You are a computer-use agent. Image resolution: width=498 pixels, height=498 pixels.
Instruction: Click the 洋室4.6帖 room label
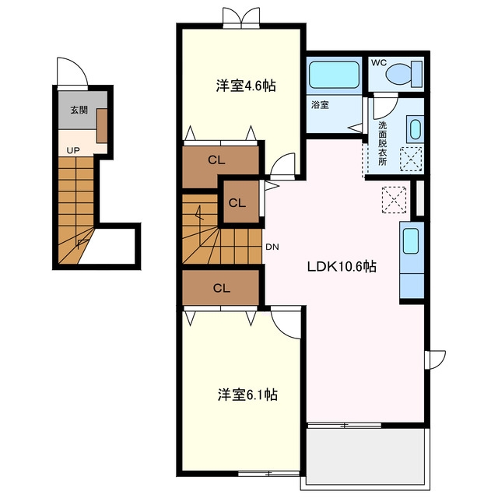click(x=246, y=86)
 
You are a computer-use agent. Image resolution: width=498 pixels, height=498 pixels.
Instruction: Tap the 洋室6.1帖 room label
click(x=247, y=395)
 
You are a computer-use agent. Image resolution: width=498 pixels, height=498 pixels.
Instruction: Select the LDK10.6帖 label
click(x=342, y=266)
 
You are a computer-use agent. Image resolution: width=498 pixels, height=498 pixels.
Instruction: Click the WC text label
click(x=379, y=62)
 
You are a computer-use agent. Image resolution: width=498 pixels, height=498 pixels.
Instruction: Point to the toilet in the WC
click(x=404, y=75)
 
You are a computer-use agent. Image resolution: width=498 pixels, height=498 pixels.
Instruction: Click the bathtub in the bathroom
click(x=334, y=75)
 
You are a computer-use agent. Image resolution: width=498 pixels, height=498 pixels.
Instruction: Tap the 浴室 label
click(x=320, y=105)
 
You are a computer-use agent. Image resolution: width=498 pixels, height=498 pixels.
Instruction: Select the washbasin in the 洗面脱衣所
click(x=415, y=129)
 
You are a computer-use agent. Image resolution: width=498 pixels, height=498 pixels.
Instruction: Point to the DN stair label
click(x=272, y=247)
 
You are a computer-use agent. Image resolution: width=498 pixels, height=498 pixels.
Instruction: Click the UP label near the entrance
click(x=73, y=150)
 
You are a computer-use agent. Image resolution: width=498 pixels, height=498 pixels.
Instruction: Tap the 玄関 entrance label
click(x=79, y=110)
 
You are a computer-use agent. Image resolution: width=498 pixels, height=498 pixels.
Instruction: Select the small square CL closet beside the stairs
click(x=241, y=202)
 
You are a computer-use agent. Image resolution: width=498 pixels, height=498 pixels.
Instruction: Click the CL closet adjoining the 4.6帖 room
click(x=220, y=167)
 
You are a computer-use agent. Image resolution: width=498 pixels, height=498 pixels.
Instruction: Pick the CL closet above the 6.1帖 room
click(x=221, y=288)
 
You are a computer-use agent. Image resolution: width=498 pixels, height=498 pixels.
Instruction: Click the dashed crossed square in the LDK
click(x=394, y=200)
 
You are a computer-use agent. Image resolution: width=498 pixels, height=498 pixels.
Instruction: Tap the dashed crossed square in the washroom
click(x=412, y=159)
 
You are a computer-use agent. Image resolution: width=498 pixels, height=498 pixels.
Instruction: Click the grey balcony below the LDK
click(x=365, y=457)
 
